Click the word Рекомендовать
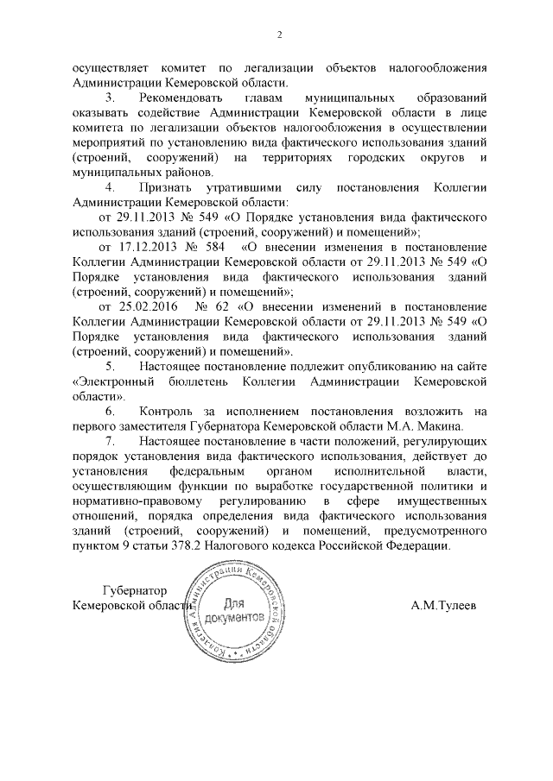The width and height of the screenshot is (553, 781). (178, 99)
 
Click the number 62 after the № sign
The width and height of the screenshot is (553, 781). (223, 305)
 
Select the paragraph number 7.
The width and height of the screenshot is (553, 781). (109, 442)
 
